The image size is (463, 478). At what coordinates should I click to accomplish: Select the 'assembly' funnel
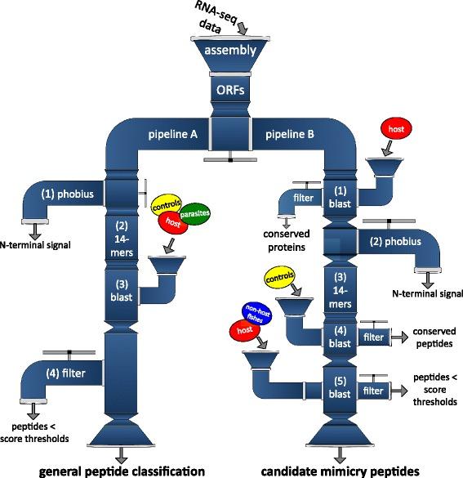pos(230,51)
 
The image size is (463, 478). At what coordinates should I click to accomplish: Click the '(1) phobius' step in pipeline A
pos(70,195)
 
